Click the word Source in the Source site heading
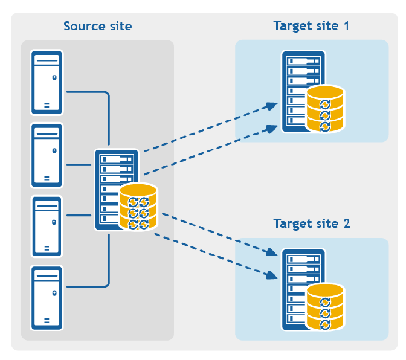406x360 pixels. point(85,26)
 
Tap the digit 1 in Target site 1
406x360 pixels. point(346,25)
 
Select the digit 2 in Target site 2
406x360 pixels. point(347,223)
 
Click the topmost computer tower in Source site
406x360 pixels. point(47,83)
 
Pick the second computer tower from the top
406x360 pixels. point(47,156)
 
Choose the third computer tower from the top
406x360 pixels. point(47,227)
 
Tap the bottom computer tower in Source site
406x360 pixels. point(47,298)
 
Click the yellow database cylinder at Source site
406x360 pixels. point(138,207)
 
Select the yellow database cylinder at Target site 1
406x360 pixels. point(325,109)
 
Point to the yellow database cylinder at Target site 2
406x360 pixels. point(325,307)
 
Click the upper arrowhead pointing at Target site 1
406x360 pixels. point(272,106)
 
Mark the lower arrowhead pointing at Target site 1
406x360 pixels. point(272,129)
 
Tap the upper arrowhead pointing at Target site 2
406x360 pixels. point(272,252)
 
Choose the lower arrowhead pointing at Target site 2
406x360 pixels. point(272,275)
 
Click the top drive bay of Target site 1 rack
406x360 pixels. point(304,62)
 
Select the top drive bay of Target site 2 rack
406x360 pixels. point(304,259)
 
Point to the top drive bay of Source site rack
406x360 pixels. point(117,159)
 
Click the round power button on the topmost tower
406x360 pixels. point(54,77)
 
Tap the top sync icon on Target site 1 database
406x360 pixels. point(325,104)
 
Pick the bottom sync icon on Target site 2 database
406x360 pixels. point(325,325)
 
